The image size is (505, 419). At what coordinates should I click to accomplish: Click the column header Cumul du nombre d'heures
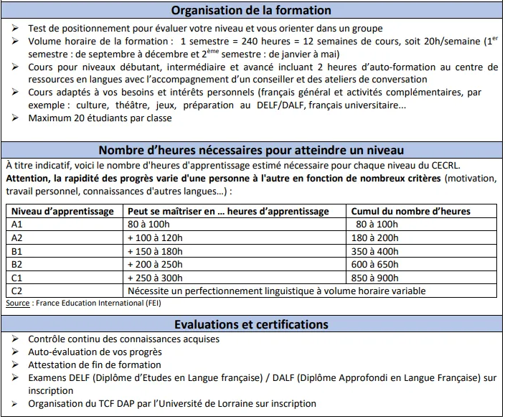[x=410, y=212]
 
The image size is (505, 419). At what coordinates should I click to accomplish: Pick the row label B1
[x=18, y=251]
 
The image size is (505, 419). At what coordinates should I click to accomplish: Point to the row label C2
[x=18, y=291]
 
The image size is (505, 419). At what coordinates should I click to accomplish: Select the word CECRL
[x=412, y=164]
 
